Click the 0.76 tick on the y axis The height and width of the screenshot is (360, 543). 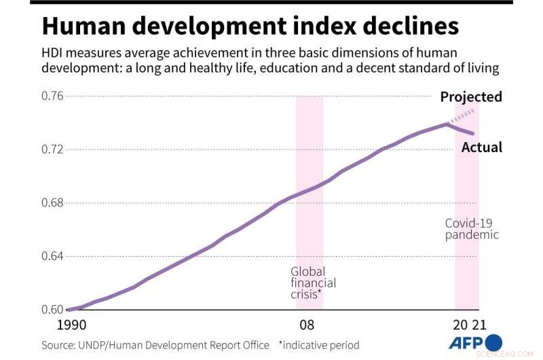pyautogui.click(x=54, y=96)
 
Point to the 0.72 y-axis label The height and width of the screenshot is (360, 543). pyautogui.click(x=54, y=149)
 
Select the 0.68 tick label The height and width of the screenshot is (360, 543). pyautogui.click(x=54, y=202)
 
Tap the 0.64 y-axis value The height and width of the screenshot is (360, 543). pyautogui.click(x=54, y=256)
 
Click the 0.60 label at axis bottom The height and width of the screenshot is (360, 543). pyautogui.click(x=54, y=310)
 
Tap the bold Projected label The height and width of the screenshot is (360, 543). pyautogui.click(x=471, y=96)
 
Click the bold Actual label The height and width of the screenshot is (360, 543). pyautogui.click(x=482, y=147)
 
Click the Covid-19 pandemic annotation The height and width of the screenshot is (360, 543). pyautogui.click(x=472, y=229)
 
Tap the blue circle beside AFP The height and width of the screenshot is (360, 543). pyautogui.click(x=493, y=342)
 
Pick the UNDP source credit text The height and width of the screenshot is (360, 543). pyautogui.click(x=155, y=345)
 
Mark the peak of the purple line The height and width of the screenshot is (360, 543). pyautogui.click(x=447, y=124)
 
